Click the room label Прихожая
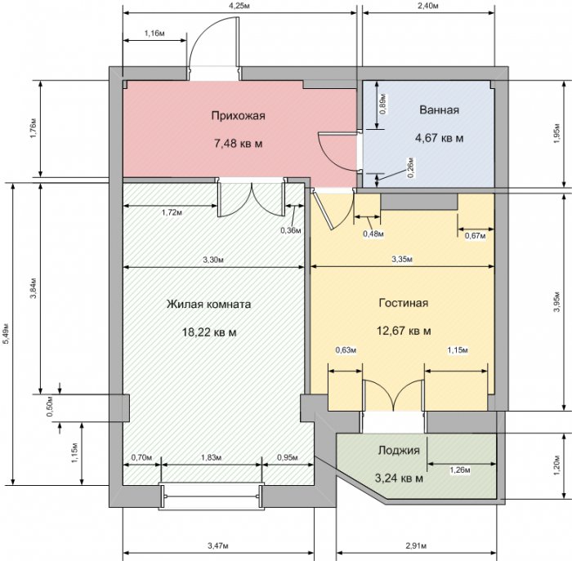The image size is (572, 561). click(239, 116)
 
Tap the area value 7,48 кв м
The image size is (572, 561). click(239, 144)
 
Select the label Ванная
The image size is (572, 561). click(439, 109)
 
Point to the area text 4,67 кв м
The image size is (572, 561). click(440, 138)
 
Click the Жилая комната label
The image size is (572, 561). click(208, 304)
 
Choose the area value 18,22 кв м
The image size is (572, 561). click(209, 332)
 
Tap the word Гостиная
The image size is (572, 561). click(404, 303)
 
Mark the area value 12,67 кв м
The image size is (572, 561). click(404, 331)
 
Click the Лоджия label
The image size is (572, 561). click(399, 451)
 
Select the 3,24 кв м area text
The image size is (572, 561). click(399, 478)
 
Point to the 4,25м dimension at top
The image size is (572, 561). click(239, 6)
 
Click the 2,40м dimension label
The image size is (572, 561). click(427, 6)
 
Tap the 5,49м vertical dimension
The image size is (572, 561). click(6, 333)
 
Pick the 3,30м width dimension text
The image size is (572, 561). click(213, 260)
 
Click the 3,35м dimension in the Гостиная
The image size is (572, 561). click(402, 260)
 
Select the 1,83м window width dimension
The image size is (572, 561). click(211, 457)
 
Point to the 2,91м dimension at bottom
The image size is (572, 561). click(416, 545)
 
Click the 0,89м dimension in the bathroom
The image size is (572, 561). click(383, 105)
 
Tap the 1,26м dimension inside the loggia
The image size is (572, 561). click(459, 470)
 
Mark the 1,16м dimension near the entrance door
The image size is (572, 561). click(154, 34)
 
